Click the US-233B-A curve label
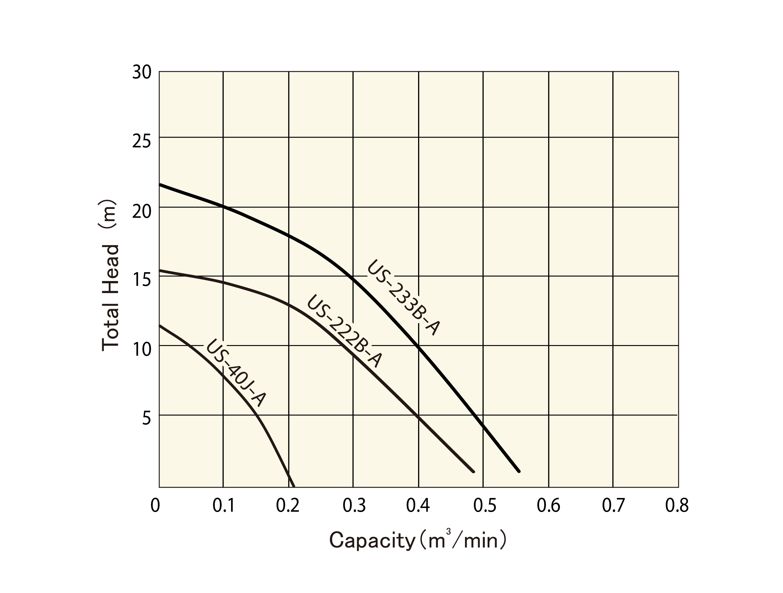pos(404,298)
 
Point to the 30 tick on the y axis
pos(142,73)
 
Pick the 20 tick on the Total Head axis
pos(142,211)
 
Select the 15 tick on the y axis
pos(142,280)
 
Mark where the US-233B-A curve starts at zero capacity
pos(160,185)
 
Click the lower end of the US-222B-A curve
pos(473,471)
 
